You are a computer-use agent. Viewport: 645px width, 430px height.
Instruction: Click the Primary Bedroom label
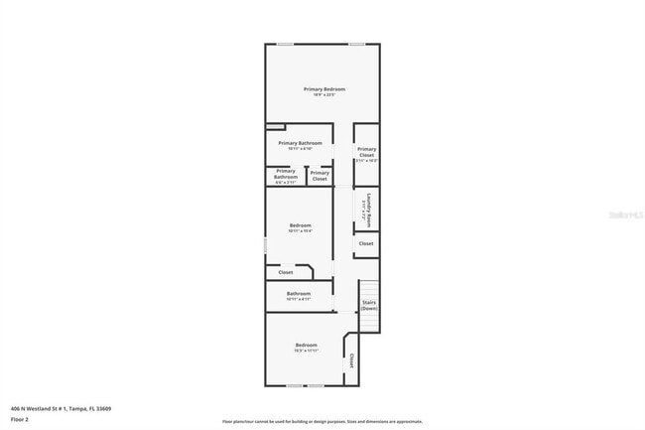coord(323,91)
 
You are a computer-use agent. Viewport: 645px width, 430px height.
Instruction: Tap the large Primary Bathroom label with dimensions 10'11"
coord(300,145)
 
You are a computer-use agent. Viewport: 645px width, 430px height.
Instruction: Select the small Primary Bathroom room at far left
coord(285,176)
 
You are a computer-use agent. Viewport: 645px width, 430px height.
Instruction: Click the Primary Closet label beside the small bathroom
coord(319,176)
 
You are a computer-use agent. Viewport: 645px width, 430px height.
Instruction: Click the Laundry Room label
coord(367,207)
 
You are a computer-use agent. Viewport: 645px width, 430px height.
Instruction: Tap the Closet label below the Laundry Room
coord(366,243)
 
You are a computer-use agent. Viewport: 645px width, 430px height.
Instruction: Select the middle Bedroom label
coord(300,227)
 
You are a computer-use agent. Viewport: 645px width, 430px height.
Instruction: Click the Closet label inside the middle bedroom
coord(286,272)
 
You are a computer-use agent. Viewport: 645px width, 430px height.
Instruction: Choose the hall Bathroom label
coord(299,295)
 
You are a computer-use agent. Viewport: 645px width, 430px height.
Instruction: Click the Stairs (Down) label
coord(368,305)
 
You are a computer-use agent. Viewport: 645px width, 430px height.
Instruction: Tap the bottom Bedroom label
coord(306,347)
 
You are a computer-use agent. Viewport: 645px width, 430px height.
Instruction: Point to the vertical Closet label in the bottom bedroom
coord(351,360)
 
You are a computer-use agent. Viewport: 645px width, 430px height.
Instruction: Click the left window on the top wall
coord(285,44)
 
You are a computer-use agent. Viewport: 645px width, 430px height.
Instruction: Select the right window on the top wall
coord(356,44)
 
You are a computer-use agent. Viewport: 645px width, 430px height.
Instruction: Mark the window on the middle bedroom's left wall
coord(265,243)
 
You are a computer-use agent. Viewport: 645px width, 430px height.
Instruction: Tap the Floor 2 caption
coord(20,419)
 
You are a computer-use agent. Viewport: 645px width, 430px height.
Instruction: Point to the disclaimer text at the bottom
coord(322,422)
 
